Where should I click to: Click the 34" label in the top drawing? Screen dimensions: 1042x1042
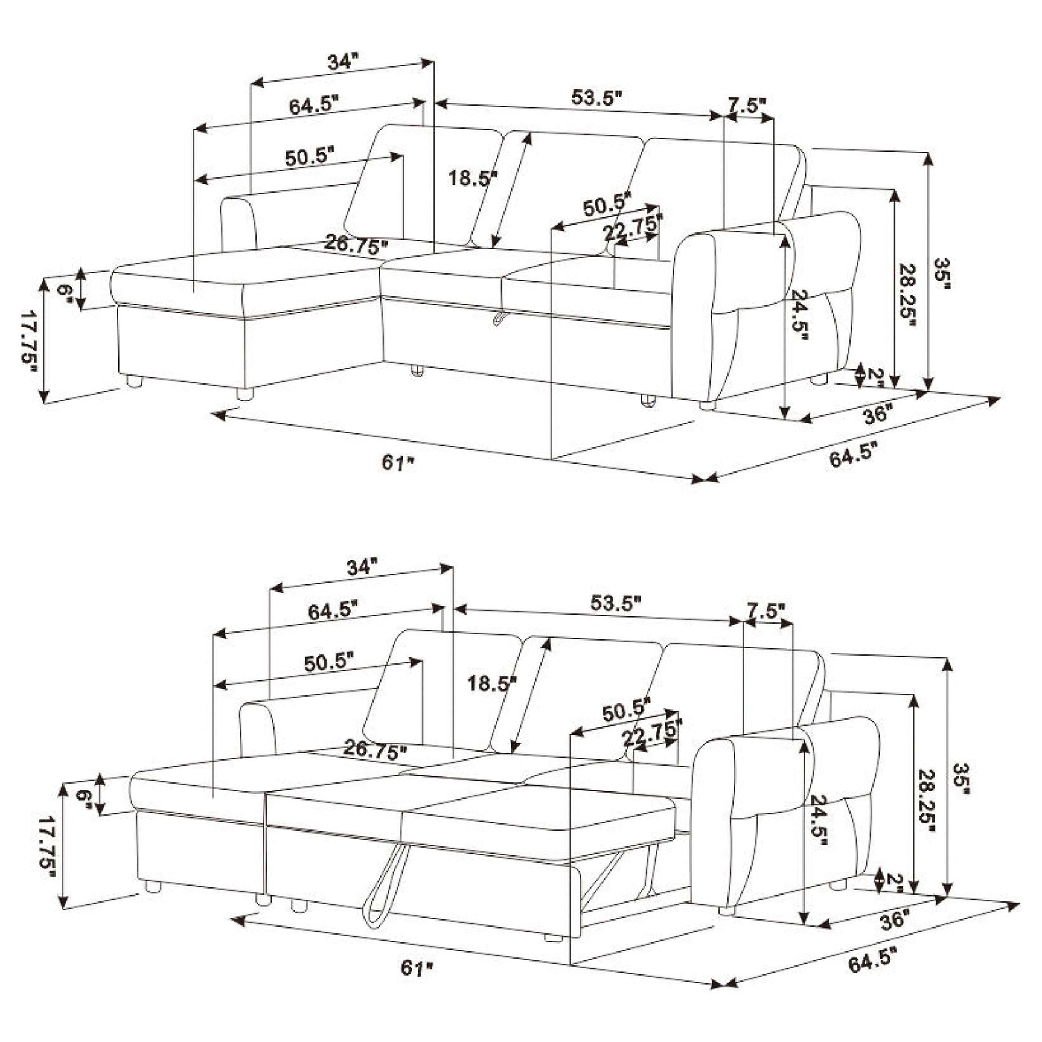tap(343, 62)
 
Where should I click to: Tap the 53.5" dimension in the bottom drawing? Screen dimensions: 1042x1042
tap(615, 603)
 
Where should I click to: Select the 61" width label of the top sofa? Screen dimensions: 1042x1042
tap(398, 462)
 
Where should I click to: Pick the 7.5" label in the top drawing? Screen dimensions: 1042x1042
tap(747, 104)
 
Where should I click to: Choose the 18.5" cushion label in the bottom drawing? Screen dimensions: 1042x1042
tap(492, 683)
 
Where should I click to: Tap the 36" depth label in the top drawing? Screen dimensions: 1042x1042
tap(877, 415)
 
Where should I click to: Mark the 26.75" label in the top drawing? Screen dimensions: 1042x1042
tap(356, 245)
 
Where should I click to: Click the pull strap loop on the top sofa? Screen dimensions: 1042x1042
tap(500, 318)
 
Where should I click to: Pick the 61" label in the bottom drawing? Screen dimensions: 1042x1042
tap(418, 968)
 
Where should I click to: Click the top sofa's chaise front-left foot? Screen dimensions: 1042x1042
tap(133, 381)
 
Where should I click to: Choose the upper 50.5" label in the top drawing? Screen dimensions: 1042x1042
tap(309, 158)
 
